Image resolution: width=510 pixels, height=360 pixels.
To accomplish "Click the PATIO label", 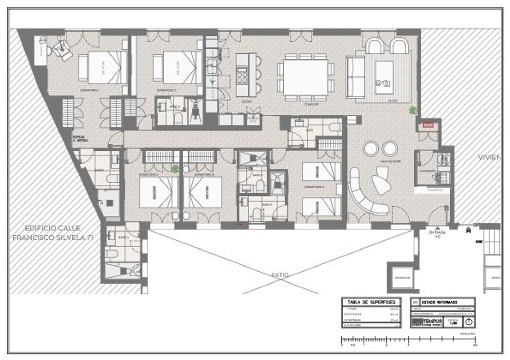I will click(x=280, y=275).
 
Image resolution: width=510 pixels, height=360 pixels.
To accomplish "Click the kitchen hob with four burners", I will click(x=242, y=75).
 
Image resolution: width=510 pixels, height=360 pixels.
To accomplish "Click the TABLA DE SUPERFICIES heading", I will click(x=371, y=302).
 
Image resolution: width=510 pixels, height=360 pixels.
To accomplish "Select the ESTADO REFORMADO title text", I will click(x=439, y=302).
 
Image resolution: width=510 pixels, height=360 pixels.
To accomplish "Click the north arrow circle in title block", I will click(x=469, y=322).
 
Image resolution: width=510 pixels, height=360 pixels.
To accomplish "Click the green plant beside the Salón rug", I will click(x=412, y=110).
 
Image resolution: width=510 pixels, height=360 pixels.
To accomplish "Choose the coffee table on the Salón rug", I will click(x=384, y=78).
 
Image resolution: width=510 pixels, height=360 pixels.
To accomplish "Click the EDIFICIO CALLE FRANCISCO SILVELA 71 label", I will click(x=53, y=233).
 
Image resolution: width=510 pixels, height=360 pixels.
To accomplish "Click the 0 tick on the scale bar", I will click(x=342, y=339).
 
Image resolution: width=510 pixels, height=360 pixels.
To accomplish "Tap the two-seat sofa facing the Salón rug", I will click(x=355, y=78).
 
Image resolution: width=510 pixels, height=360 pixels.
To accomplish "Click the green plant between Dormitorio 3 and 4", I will click(x=175, y=169).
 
